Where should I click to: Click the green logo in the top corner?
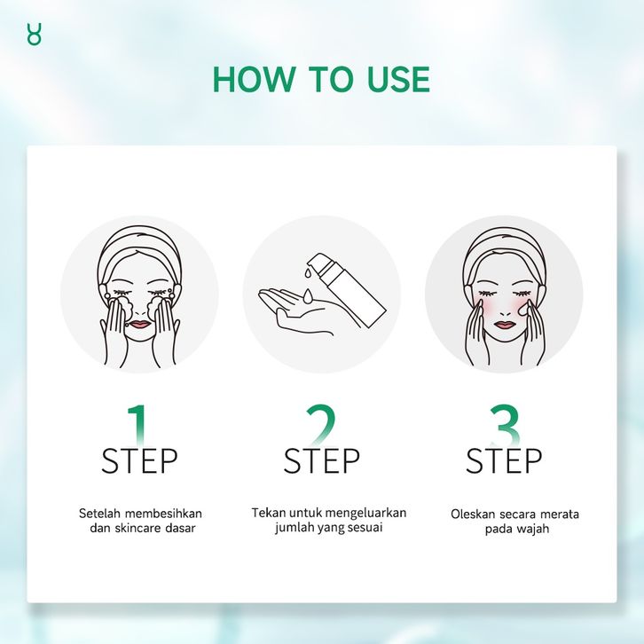pyautogui.click(x=34, y=34)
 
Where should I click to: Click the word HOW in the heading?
pyautogui.click(x=254, y=79)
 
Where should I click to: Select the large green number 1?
pyautogui.click(x=138, y=425)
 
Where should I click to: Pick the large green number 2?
pyautogui.click(x=321, y=425)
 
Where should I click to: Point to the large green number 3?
pyautogui.click(x=505, y=425)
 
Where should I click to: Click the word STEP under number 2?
pyautogui.click(x=322, y=460)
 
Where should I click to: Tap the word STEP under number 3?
pyautogui.click(x=504, y=460)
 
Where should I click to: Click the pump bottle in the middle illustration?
pyautogui.click(x=346, y=288)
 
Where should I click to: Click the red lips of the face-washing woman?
pyautogui.click(x=139, y=324)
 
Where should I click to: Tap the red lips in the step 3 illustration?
pyautogui.click(x=505, y=325)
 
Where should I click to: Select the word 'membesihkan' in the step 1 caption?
pyautogui.click(x=163, y=514)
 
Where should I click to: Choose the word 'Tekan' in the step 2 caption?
pyautogui.click(x=269, y=513)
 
